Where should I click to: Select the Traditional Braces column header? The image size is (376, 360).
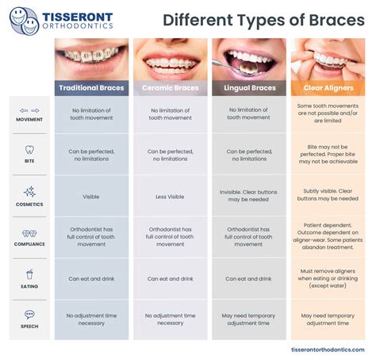(90, 87)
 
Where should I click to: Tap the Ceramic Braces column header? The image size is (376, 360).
(169, 87)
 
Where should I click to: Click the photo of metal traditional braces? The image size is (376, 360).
(90, 57)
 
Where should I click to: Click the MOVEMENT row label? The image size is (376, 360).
(29, 120)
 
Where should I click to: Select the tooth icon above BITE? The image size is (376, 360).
(29, 148)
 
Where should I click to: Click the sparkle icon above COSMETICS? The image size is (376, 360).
(29, 192)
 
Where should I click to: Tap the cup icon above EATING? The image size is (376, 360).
(29, 274)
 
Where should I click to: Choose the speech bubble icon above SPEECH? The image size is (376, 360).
(29, 315)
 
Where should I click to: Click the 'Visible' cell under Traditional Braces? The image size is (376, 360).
(90, 197)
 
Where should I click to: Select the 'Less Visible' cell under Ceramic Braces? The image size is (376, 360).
(169, 197)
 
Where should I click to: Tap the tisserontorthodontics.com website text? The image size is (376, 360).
(330, 350)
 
